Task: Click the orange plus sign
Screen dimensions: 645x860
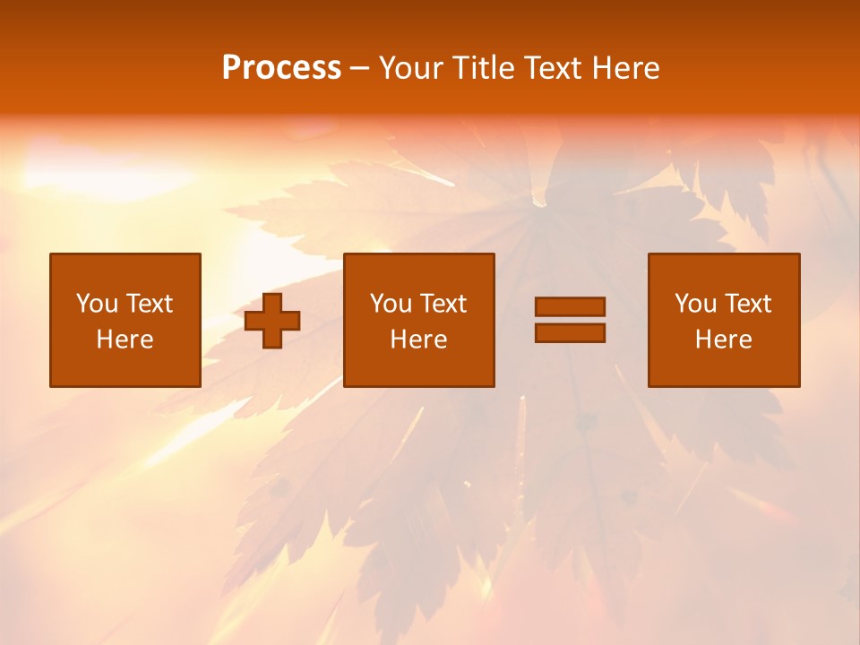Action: pos(272,321)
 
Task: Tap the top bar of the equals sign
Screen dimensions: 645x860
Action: pos(570,306)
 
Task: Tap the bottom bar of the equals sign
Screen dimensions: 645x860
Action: pos(570,332)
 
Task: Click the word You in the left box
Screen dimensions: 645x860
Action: pos(97,304)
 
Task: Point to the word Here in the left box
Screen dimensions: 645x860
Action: pos(125,340)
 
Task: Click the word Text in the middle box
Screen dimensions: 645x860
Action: pos(443,304)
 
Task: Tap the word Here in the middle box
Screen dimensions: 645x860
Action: pos(418,340)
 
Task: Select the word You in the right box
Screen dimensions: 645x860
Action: pos(695,304)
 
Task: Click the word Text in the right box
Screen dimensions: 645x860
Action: pos(747,304)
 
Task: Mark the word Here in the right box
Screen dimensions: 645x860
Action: pos(723,340)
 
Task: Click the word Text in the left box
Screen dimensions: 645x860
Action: pos(149,304)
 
